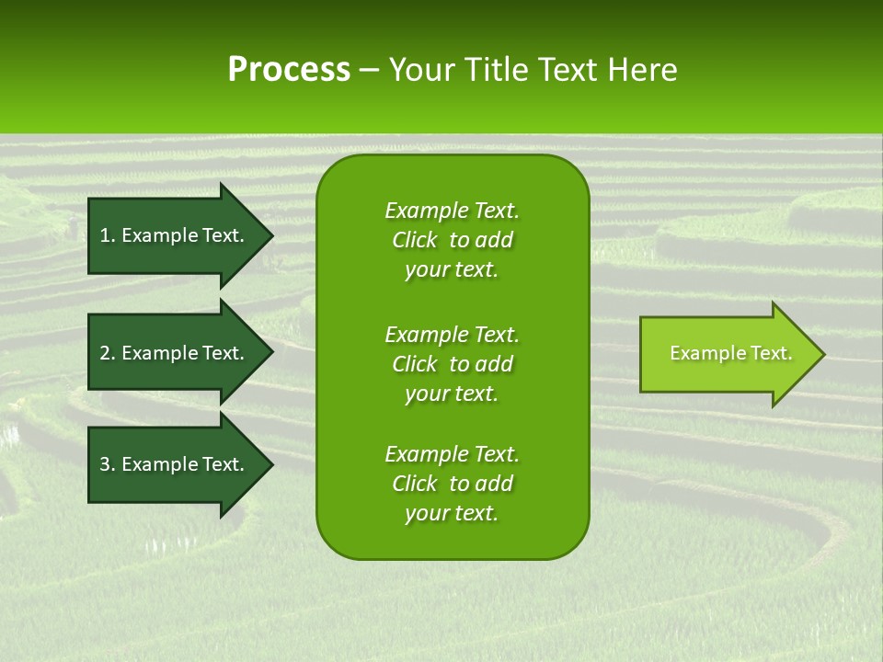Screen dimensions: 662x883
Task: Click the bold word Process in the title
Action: (x=289, y=70)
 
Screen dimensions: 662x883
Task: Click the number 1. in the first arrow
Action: (x=108, y=235)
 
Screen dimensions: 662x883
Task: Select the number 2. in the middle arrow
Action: (x=108, y=353)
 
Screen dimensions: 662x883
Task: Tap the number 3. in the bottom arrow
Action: (x=108, y=464)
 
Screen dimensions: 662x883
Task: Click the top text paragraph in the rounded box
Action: (x=452, y=240)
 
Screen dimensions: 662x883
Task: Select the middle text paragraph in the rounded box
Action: (x=452, y=364)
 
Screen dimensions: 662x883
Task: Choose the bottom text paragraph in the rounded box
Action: (x=452, y=484)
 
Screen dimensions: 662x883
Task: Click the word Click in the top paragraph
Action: (x=414, y=240)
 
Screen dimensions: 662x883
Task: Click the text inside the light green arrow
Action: (x=730, y=353)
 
